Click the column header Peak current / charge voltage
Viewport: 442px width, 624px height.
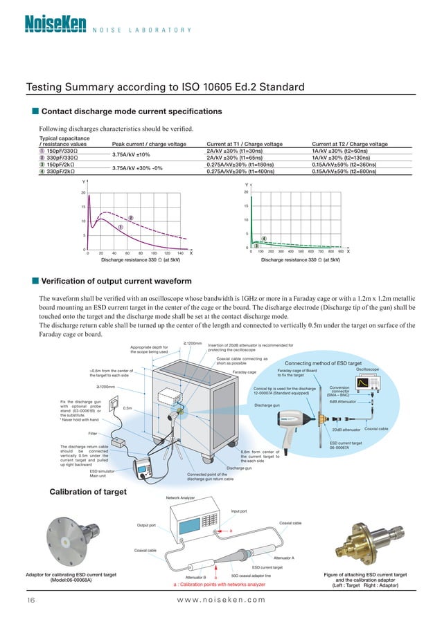tap(149, 143)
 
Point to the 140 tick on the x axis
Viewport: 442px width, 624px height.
tap(179, 253)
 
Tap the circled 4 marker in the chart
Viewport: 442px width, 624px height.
tap(264, 239)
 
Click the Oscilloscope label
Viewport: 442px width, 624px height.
tap(366, 369)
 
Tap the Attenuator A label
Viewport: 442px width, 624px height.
tap(284, 557)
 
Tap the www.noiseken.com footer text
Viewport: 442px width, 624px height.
tap(222, 599)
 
